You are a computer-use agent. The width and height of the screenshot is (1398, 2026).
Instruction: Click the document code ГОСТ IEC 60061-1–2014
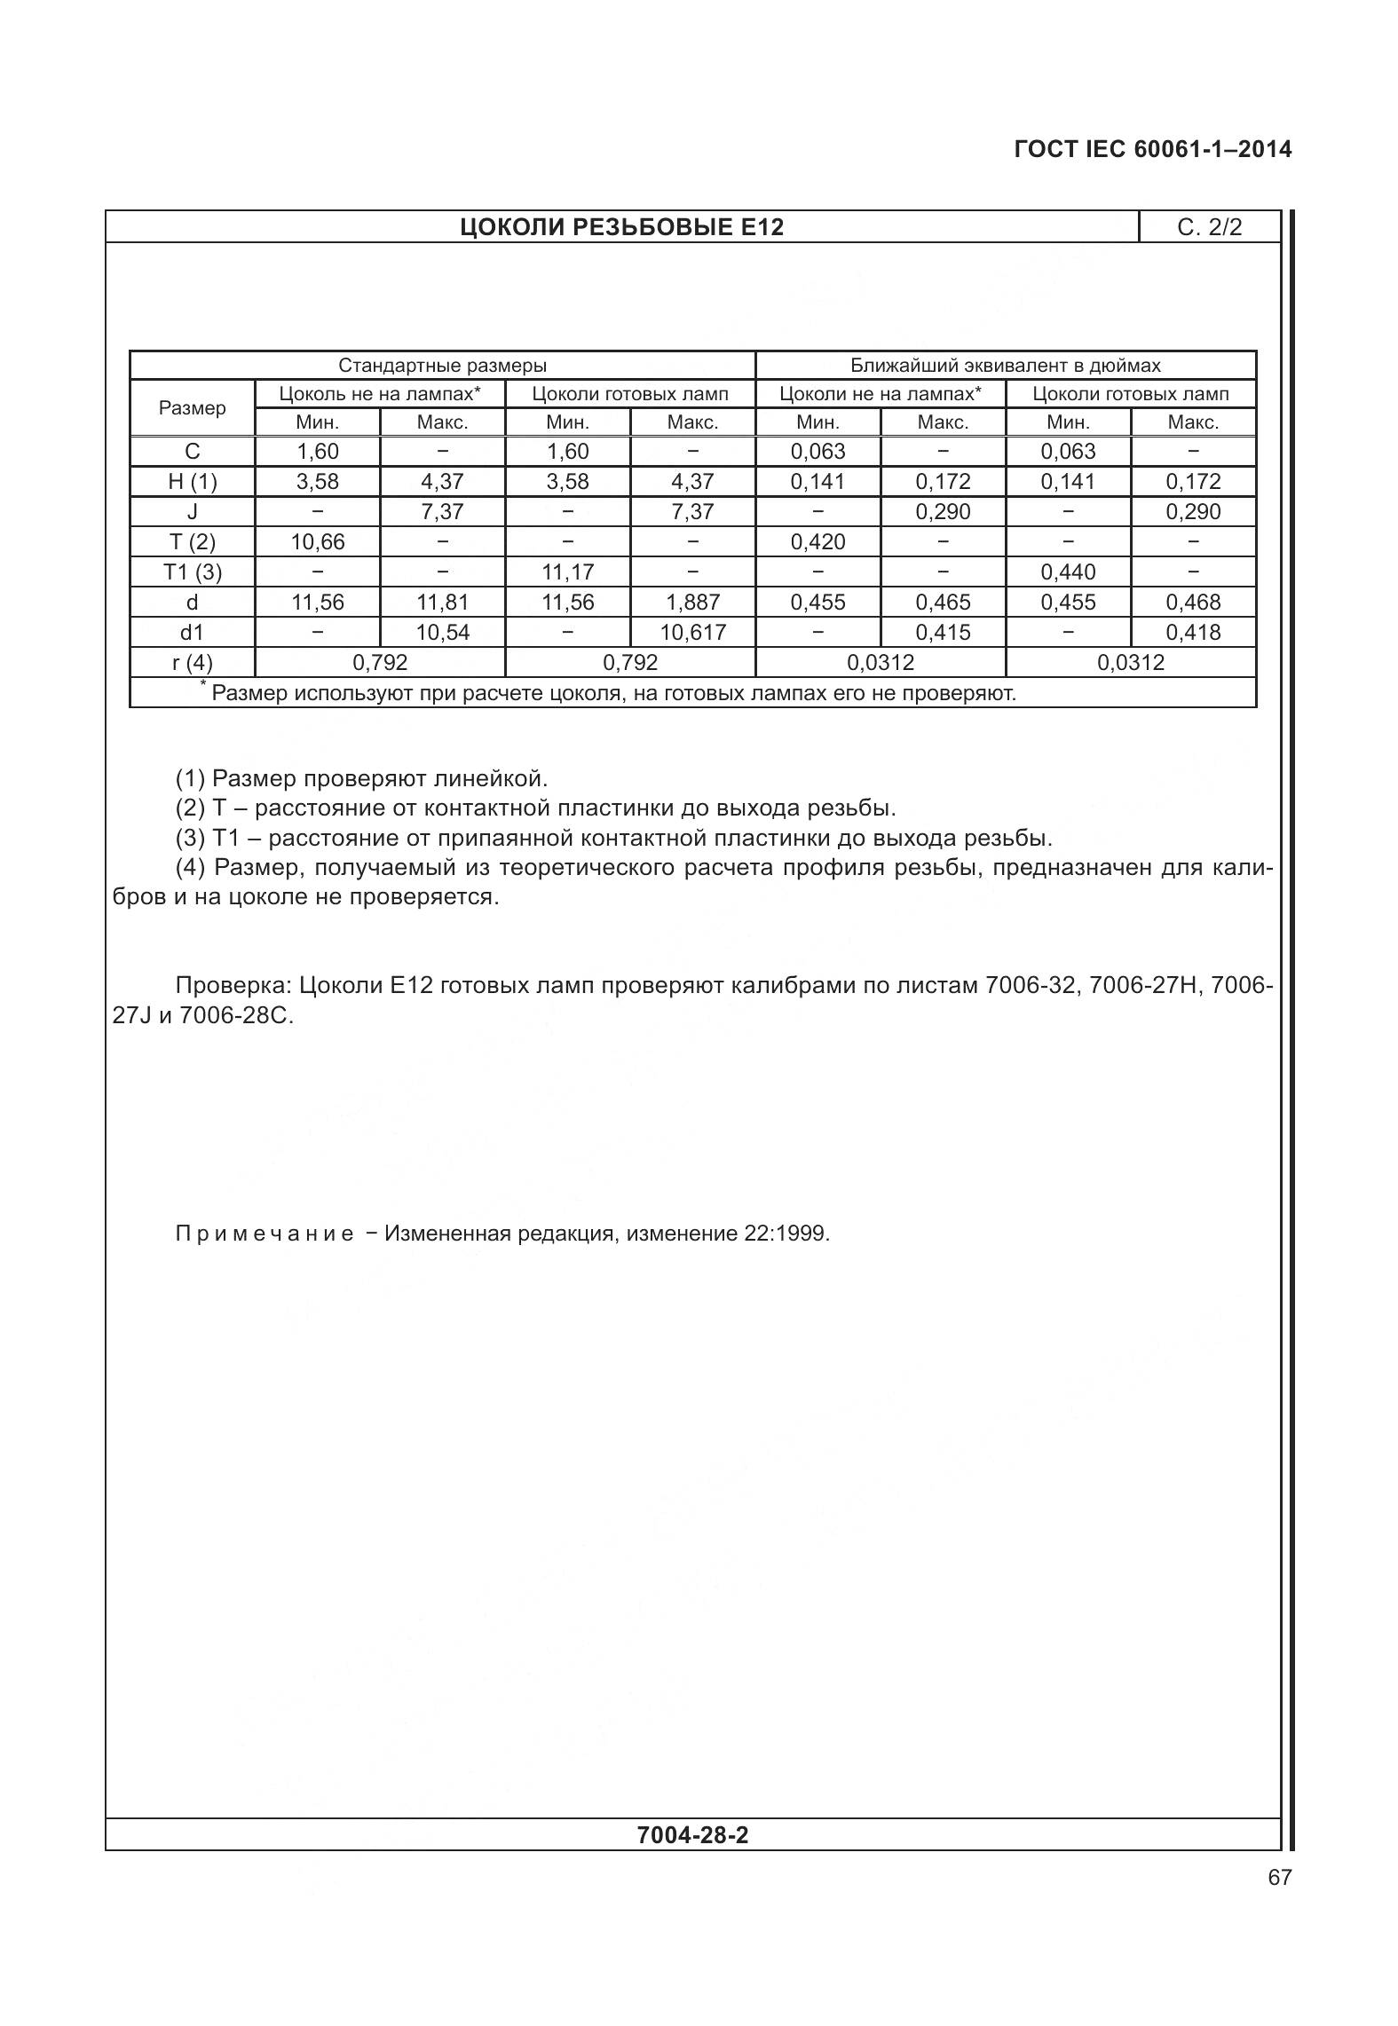pyautogui.click(x=1152, y=149)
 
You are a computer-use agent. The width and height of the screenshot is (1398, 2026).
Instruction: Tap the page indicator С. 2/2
pyautogui.click(x=1209, y=227)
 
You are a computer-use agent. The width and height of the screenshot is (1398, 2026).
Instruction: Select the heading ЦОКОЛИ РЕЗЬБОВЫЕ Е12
pyautogui.click(x=621, y=227)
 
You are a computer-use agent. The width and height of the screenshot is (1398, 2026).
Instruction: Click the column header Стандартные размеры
pyautogui.click(x=442, y=366)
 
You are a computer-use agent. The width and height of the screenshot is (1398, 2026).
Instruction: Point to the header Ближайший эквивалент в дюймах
pyautogui.click(x=1005, y=366)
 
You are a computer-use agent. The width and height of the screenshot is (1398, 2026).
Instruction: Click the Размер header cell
pyautogui.click(x=193, y=408)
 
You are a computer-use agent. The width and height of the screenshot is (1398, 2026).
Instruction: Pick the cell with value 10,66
pyautogui.click(x=318, y=542)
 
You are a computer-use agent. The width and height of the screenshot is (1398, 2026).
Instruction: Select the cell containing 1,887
pyautogui.click(x=692, y=603)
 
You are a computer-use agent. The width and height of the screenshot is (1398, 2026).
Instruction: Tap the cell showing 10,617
pyautogui.click(x=692, y=633)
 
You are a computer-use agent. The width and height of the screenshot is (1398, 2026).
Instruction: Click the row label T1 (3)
pyautogui.click(x=193, y=572)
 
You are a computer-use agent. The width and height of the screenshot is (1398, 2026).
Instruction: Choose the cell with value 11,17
pyautogui.click(x=567, y=572)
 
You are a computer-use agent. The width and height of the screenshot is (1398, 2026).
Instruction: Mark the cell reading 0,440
pyautogui.click(x=1068, y=572)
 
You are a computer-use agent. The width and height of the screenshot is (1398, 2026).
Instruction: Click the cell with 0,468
pyautogui.click(x=1193, y=603)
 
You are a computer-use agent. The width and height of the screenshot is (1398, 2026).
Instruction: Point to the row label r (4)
pyautogui.click(x=193, y=663)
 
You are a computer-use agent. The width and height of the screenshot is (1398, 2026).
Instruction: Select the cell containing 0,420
pyautogui.click(x=817, y=542)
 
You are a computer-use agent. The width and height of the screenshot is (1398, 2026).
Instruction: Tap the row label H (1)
pyautogui.click(x=193, y=482)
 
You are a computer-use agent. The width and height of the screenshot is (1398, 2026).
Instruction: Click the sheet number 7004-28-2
pyautogui.click(x=692, y=1834)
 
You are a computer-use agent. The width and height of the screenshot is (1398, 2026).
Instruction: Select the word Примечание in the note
pyautogui.click(x=265, y=1234)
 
